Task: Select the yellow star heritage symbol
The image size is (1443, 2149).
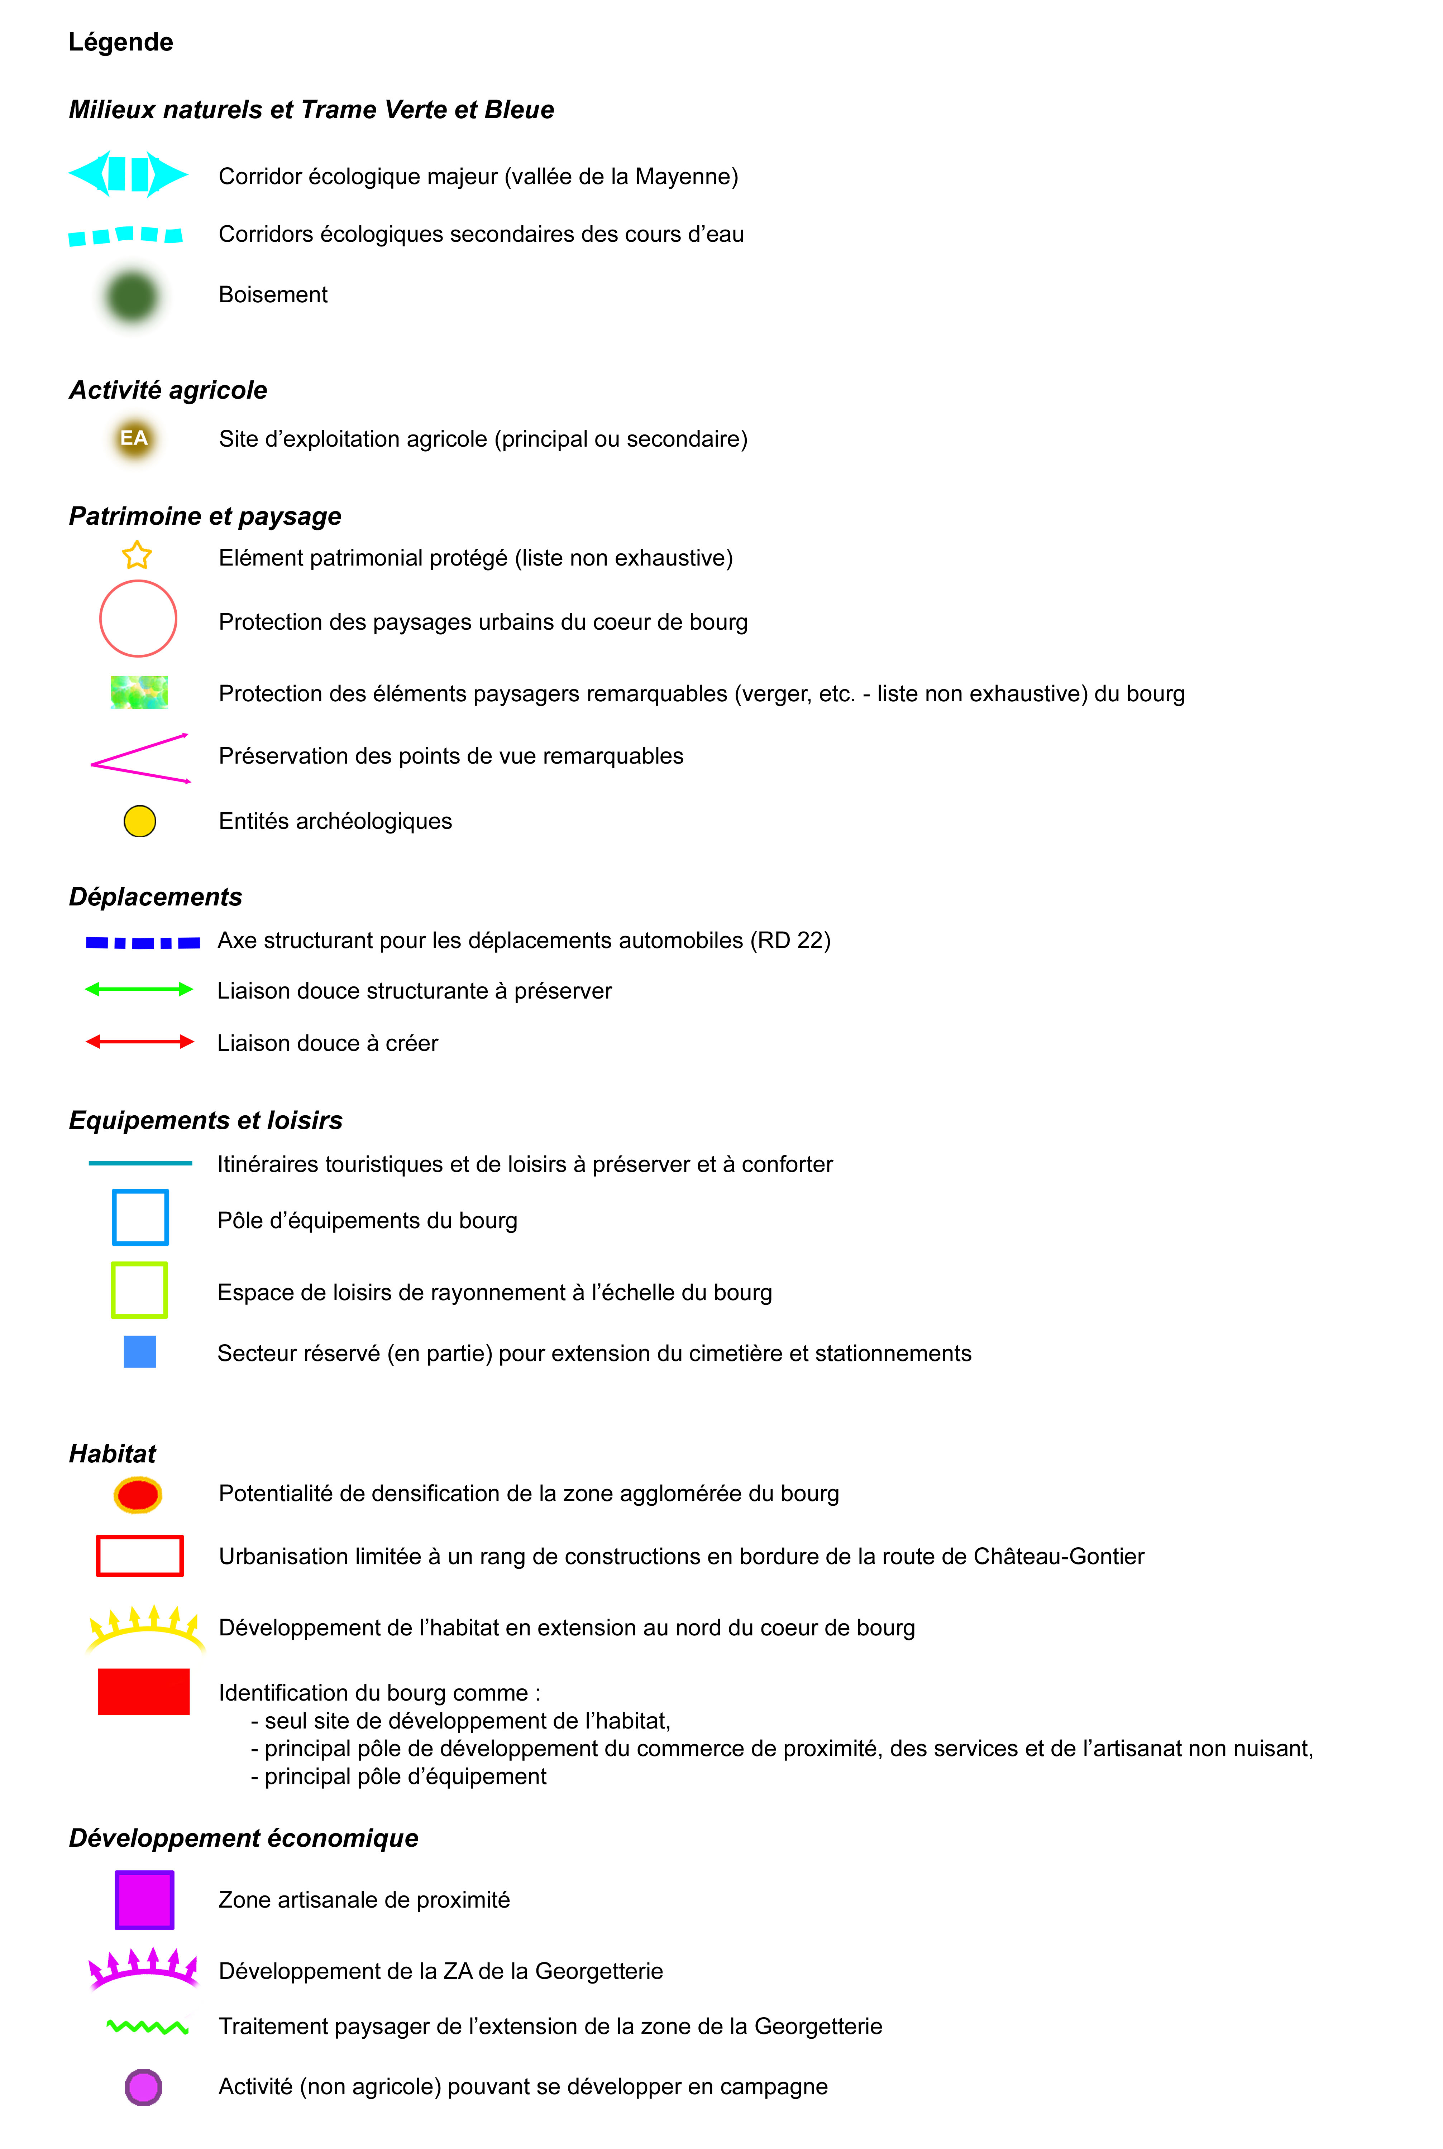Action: [x=137, y=556]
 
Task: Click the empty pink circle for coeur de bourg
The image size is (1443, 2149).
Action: [x=138, y=618]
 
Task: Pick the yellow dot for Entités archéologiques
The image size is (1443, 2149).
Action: [x=140, y=821]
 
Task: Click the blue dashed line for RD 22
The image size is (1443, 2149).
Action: [x=143, y=942]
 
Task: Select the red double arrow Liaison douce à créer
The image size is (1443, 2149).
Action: [x=140, y=1042]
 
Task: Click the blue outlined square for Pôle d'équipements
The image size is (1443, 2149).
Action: [x=140, y=1217]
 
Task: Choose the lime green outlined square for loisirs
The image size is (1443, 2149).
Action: [x=139, y=1290]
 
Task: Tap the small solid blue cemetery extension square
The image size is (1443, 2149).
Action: [x=140, y=1351]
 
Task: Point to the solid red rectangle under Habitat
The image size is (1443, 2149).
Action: [x=144, y=1691]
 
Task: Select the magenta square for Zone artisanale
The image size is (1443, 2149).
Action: [x=144, y=1900]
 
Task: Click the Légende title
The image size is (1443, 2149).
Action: [x=120, y=42]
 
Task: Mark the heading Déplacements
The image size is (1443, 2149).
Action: [x=156, y=897]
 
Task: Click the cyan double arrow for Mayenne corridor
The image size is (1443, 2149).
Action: [x=128, y=174]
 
